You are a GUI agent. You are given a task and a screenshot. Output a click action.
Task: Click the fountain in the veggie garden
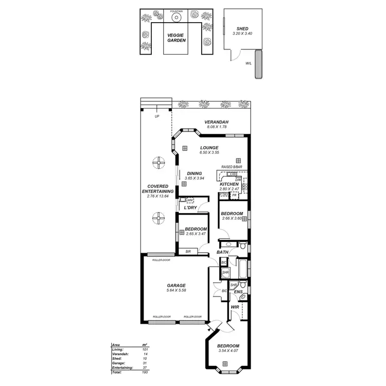(x=176, y=17)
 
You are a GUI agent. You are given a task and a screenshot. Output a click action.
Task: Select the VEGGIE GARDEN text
(x=177, y=37)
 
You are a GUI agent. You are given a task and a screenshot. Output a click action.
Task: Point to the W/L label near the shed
(x=249, y=64)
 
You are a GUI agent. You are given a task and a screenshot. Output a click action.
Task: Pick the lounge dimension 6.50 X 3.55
(x=209, y=153)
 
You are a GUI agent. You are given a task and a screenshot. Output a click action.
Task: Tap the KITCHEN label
(x=229, y=184)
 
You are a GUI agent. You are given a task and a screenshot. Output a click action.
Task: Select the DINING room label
(x=194, y=173)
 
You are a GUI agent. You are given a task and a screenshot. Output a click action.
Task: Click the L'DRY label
(x=191, y=207)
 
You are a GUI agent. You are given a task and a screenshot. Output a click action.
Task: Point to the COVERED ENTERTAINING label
(x=157, y=189)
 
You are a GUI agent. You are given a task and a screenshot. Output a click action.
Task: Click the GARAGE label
(x=176, y=286)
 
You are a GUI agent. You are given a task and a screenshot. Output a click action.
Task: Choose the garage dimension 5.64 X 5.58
(x=176, y=291)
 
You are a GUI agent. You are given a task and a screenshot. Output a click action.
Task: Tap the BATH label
(x=222, y=252)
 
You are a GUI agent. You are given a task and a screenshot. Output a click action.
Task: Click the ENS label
(x=238, y=292)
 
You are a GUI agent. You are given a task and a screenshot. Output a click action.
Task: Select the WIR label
(x=235, y=307)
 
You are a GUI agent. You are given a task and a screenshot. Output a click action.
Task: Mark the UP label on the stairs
(x=156, y=116)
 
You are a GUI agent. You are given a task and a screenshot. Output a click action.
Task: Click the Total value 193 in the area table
(x=145, y=372)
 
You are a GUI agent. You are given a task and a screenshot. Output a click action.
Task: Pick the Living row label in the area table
(x=118, y=349)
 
